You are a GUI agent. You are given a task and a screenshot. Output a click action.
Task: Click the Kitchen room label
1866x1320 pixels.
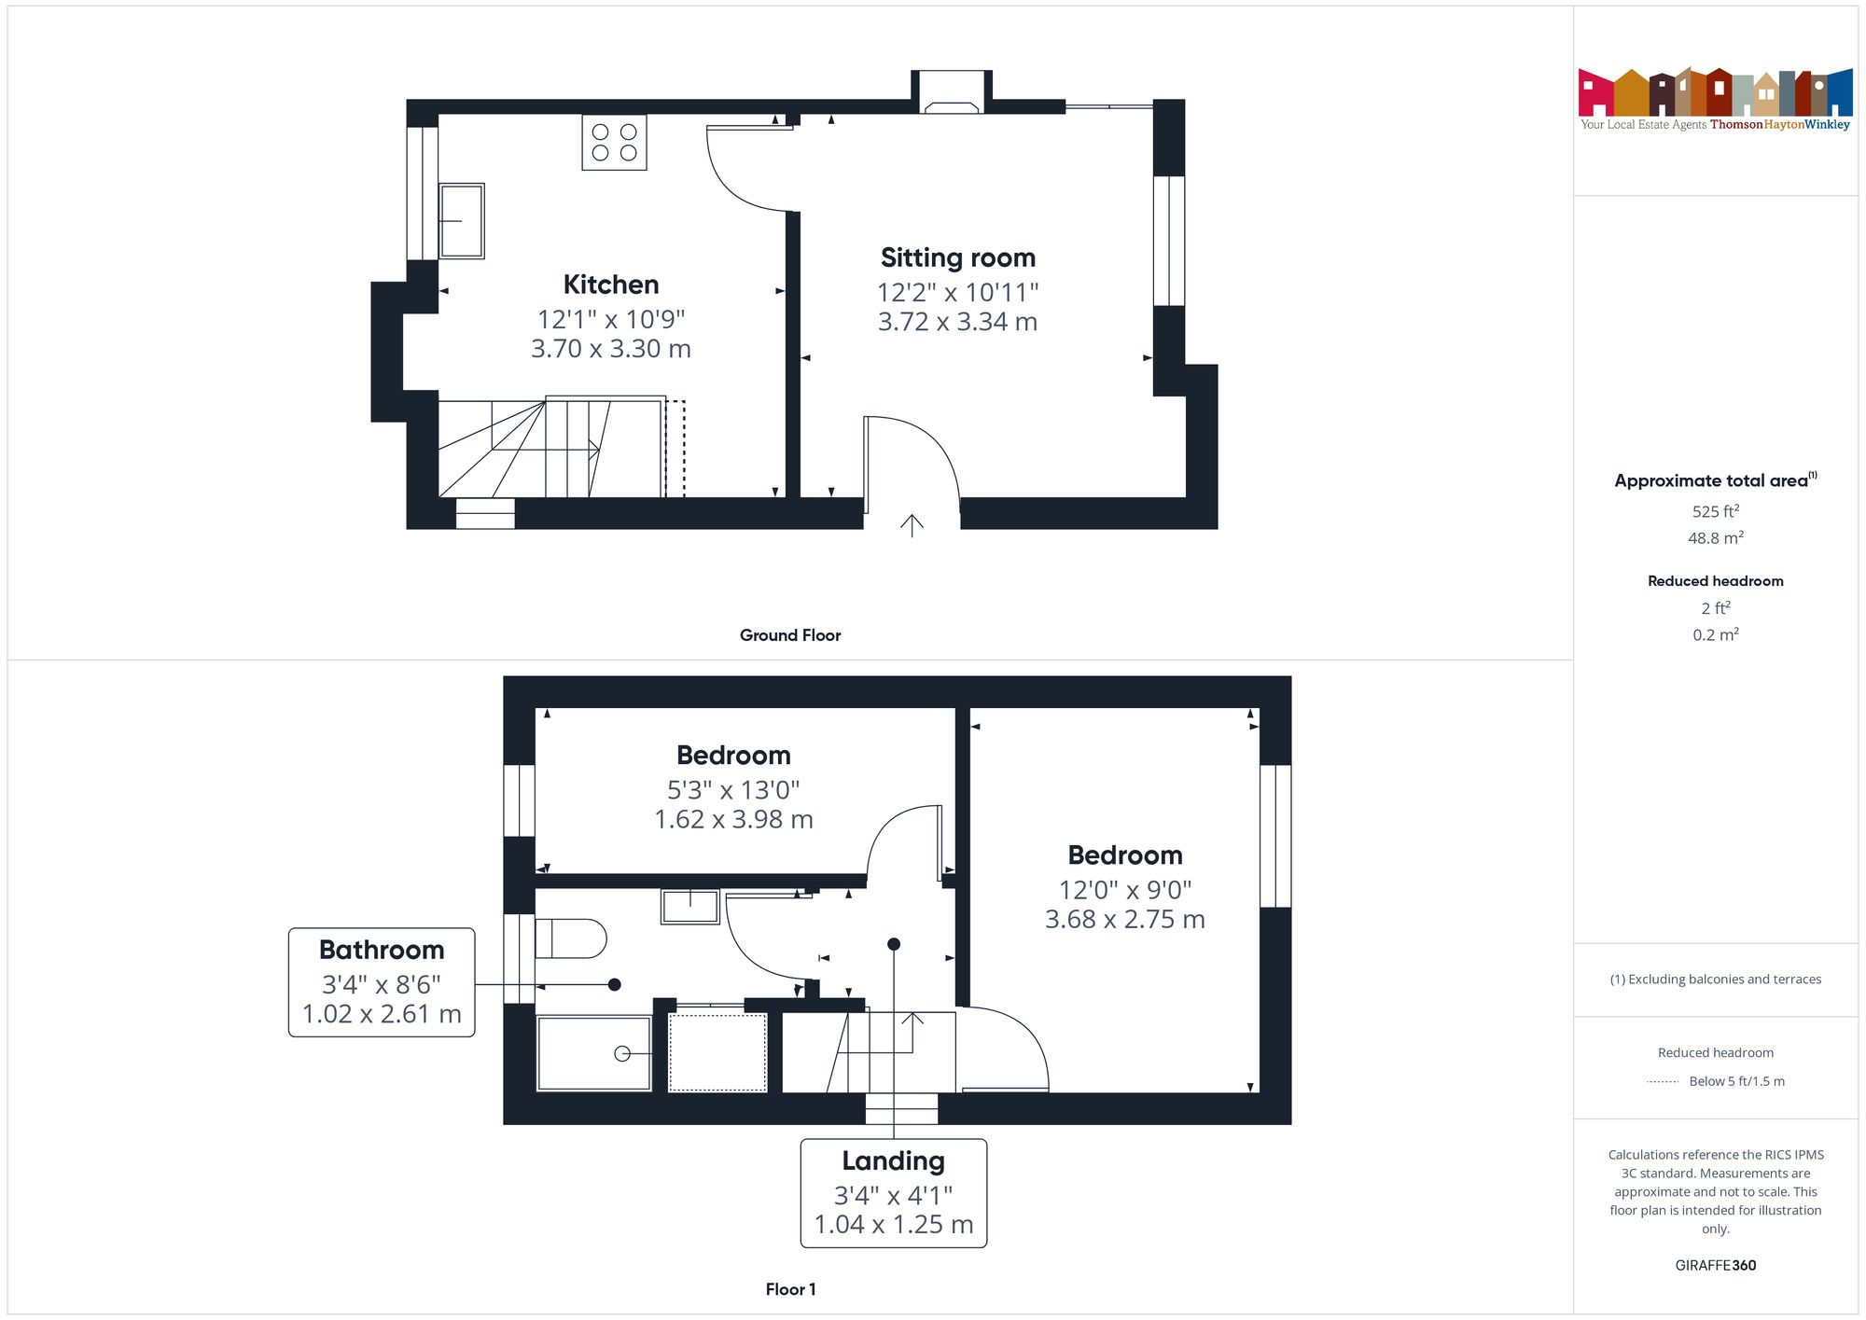(611, 285)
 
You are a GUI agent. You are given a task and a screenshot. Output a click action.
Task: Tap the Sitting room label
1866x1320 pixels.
(957, 257)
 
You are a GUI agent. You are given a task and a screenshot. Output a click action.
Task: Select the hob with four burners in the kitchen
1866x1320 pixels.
(614, 142)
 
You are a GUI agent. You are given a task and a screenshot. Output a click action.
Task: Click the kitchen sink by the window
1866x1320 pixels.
(462, 221)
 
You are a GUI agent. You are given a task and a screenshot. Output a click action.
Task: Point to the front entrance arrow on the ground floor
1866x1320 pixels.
(912, 525)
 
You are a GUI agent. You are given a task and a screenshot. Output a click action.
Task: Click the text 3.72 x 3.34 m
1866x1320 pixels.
(957, 322)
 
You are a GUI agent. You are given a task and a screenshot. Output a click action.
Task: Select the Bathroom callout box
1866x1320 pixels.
(382, 981)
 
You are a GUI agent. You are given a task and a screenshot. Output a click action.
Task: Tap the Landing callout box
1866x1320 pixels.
(893, 1192)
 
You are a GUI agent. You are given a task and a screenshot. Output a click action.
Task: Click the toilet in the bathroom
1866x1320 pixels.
(571, 938)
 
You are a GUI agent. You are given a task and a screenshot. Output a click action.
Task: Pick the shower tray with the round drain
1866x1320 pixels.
(594, 1053)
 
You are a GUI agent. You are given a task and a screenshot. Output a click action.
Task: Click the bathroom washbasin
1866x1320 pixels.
(689, 906)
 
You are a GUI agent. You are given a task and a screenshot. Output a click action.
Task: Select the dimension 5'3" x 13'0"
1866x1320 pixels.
(733, 790)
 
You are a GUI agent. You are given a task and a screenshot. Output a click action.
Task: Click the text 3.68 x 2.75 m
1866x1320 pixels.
(1124, 920)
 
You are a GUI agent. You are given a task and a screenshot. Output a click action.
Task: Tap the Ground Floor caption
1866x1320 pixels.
(790, 635)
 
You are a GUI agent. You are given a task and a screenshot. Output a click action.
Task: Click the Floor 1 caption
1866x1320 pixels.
(790, 1289)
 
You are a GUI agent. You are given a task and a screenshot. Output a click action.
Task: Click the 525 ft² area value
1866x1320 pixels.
(1715, 511)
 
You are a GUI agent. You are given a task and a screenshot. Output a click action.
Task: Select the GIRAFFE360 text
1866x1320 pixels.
(1715, 1266)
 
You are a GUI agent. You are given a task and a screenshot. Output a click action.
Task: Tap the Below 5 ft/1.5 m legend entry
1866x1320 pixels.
(1735, 1081)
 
